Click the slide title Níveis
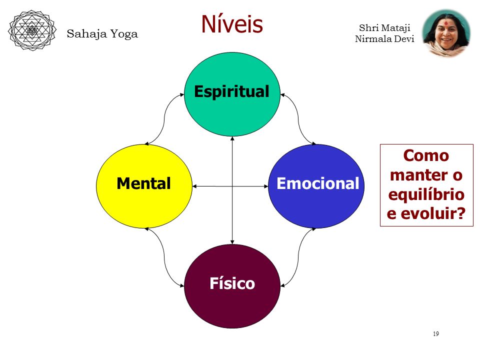coord(232,24)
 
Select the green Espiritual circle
coord(232,94)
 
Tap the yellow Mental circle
coord(144,186)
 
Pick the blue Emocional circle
coord(316,186)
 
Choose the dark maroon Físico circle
coord(232,286)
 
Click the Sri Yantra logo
coord(32,30)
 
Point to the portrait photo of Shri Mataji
coord(446,33)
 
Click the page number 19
coord(436,333)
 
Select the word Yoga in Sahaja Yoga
coord(124,34)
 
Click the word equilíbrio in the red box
coord(426,194)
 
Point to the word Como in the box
coord(426,155)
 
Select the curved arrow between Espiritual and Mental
coord(164,119)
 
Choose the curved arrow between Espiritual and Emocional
coord(298,119)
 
